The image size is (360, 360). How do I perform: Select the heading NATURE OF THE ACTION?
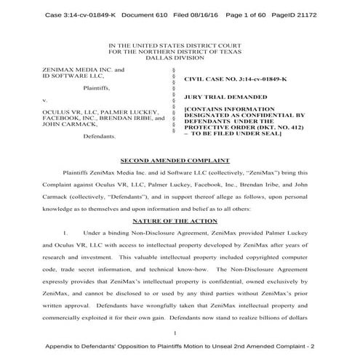pyautogui.click(x=180, y=219)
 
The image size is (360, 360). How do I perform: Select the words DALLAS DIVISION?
pyautogui.click(x=180, y=58)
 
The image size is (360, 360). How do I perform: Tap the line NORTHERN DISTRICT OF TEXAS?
pyautogui.click(x=180, y=52)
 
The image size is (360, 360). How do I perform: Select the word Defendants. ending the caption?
pyautogui.click(x=100, y=136)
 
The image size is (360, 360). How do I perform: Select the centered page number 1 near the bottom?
pyautogui.click(x=180, y=331)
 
